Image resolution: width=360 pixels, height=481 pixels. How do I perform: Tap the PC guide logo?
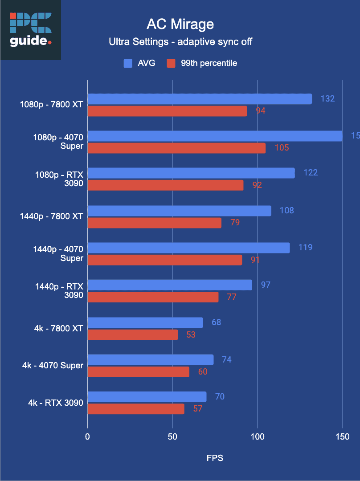coord(30,30)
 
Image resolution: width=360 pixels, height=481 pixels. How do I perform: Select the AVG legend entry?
coord(139,63)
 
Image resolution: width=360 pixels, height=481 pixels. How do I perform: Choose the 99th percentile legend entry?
coord(202,63)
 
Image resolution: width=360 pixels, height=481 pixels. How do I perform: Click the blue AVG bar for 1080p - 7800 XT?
coord(200,99)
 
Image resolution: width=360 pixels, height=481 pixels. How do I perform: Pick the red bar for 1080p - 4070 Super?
coord(176,148)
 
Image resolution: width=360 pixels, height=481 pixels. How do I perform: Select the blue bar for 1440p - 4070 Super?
coord(188,248)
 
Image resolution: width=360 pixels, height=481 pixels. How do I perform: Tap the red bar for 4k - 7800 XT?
coord(133,334)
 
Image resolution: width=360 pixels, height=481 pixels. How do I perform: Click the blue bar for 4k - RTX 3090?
coord(147,397)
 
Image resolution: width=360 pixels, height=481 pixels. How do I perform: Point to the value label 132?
coord(327,98)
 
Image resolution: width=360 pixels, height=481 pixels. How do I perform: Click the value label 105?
coord(282,147)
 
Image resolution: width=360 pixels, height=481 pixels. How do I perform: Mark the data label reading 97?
coord(266,285)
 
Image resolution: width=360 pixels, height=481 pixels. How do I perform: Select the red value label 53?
coord(191,334)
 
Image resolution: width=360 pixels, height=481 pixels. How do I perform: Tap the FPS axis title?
coord(215,458)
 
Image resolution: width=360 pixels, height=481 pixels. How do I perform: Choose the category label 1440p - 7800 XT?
coord(51,216)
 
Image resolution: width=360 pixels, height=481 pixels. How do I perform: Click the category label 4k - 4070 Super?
coord(53,366)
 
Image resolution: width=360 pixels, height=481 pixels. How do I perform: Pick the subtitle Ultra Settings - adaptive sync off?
coord(180,42)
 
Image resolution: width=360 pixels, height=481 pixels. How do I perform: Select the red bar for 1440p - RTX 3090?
coord(153,297)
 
